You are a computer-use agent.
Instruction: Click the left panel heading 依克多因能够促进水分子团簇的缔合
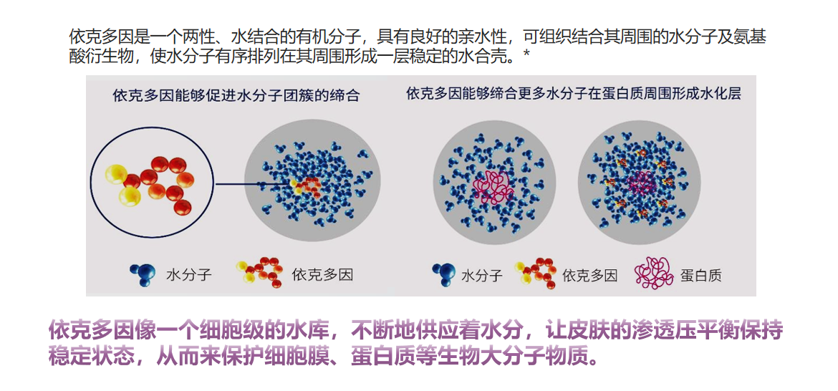click(236, 96)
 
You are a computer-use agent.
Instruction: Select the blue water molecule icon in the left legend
click(143, 274)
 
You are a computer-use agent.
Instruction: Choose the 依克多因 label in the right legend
click(589, 276)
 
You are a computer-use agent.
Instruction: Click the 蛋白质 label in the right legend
click(700, 276)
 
